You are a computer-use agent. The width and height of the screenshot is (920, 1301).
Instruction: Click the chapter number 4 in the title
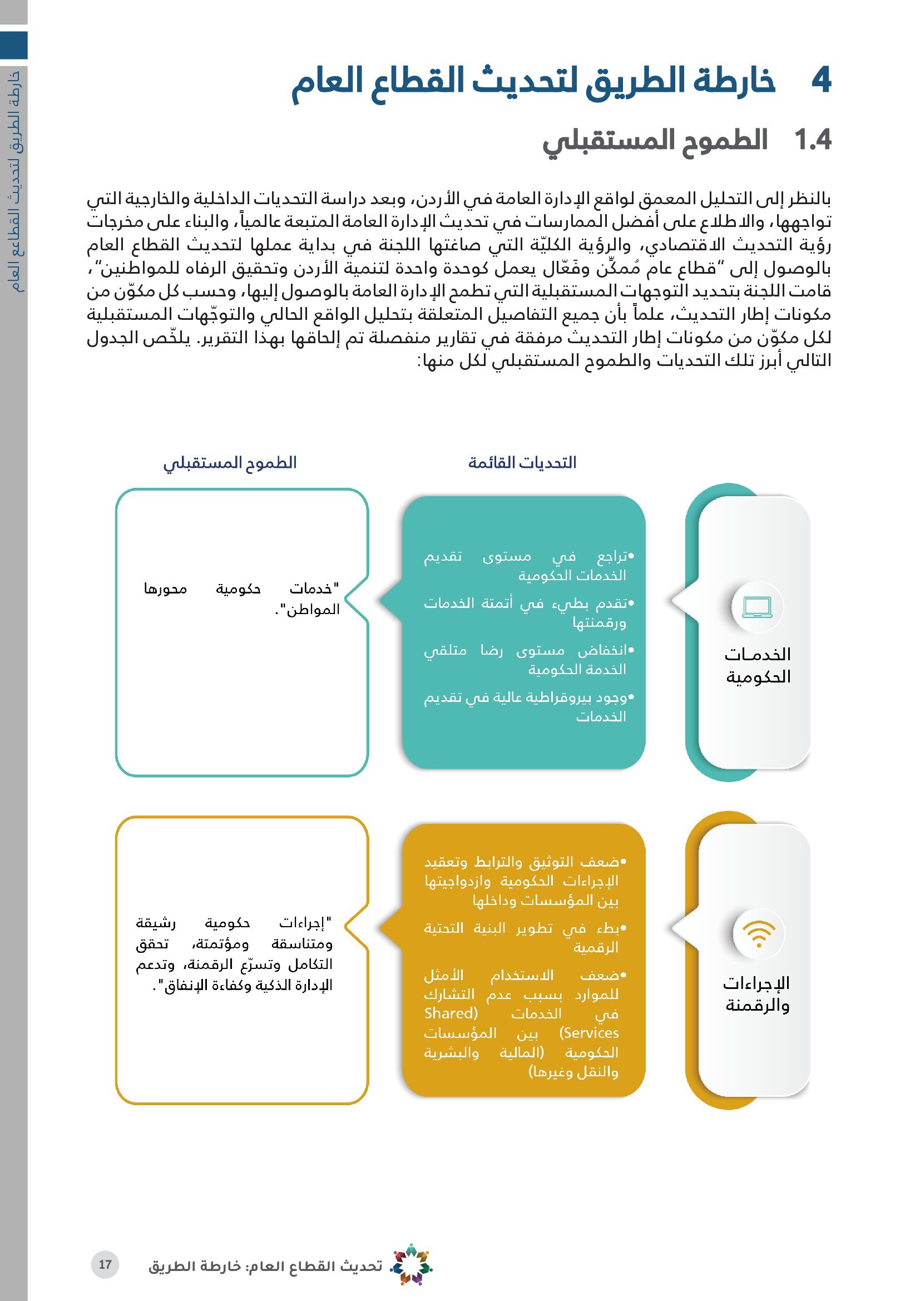pyautogui.click(x=820, y=81)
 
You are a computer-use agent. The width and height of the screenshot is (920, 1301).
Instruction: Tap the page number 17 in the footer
pyautogui.click(x=105, y=1264)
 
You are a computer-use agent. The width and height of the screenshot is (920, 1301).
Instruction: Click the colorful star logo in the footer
pyautogui.click(x=412, y=1264)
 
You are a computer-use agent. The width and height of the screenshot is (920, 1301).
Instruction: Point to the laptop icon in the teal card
pyautogui.click(x=757, y=607)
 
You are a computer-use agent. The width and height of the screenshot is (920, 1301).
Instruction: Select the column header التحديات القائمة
pyautogui.click(x=522, y=463)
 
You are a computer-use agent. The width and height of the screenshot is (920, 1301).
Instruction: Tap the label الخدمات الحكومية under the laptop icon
pyautogui.click(x=758, y=665)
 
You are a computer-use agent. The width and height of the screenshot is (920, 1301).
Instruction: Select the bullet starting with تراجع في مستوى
pyautogui.click(x=528, y=566)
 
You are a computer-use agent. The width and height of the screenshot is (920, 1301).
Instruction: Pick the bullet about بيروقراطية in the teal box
pyautogui.click(x=528, y=706)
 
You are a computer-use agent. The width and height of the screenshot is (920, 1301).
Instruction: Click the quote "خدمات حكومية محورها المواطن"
pyautogui.click(x=242, y=598)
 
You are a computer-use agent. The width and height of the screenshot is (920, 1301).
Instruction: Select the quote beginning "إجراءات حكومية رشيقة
pyautogui.click(x=234, y=954)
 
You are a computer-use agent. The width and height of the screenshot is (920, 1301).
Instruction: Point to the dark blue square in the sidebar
pyautogui.click(x=13, y=45)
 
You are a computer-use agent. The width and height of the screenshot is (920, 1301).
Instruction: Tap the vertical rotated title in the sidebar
pyautogui.click(x=17, y=181)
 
